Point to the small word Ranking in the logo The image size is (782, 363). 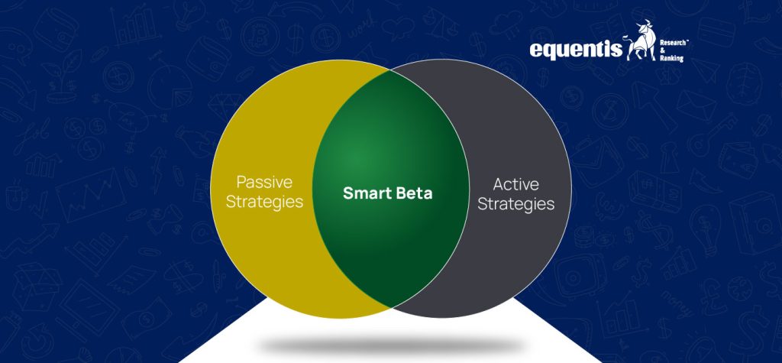671,57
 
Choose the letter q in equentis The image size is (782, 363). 552,51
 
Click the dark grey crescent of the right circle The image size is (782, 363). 527,252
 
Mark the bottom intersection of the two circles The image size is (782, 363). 391,306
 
